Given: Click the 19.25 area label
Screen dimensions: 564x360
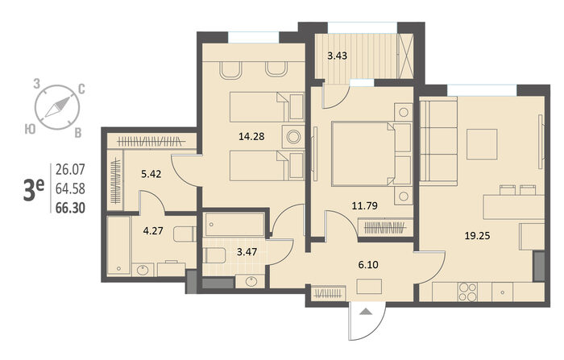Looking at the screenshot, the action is pos(477,236).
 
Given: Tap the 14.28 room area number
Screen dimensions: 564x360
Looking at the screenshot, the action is pos(251,136).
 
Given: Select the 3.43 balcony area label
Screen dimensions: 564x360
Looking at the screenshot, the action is pos(337,56).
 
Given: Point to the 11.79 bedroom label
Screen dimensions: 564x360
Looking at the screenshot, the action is pos(365,205).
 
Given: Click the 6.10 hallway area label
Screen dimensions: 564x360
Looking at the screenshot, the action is pos(368,265).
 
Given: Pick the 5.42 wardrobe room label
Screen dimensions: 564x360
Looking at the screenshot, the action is pos(151,175).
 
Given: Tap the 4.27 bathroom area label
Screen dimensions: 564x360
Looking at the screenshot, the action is pos(153,230).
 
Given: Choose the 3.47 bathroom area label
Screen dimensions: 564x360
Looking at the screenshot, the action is pos(247,252).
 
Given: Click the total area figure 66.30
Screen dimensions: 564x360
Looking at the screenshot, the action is pos(71,208).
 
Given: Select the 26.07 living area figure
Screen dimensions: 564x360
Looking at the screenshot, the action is pos(71,169).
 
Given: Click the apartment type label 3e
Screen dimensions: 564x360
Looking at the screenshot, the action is pos(34,190).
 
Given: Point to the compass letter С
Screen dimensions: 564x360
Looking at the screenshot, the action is pos(81,89).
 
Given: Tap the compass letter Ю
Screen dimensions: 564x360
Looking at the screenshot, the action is pos(31,129).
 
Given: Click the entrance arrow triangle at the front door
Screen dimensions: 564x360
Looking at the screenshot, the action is pos(367,312).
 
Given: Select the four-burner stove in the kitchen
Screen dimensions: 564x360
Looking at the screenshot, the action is pos(467,292).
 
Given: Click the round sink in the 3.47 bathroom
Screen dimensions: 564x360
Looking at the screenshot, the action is pos(251,281).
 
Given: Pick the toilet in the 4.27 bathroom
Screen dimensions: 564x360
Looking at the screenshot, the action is pos(185,234).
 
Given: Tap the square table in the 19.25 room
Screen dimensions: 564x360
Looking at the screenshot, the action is pos(482,145).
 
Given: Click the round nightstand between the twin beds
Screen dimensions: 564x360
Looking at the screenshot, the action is pos(293,137).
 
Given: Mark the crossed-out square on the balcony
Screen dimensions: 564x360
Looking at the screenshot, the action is pos(406,56).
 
